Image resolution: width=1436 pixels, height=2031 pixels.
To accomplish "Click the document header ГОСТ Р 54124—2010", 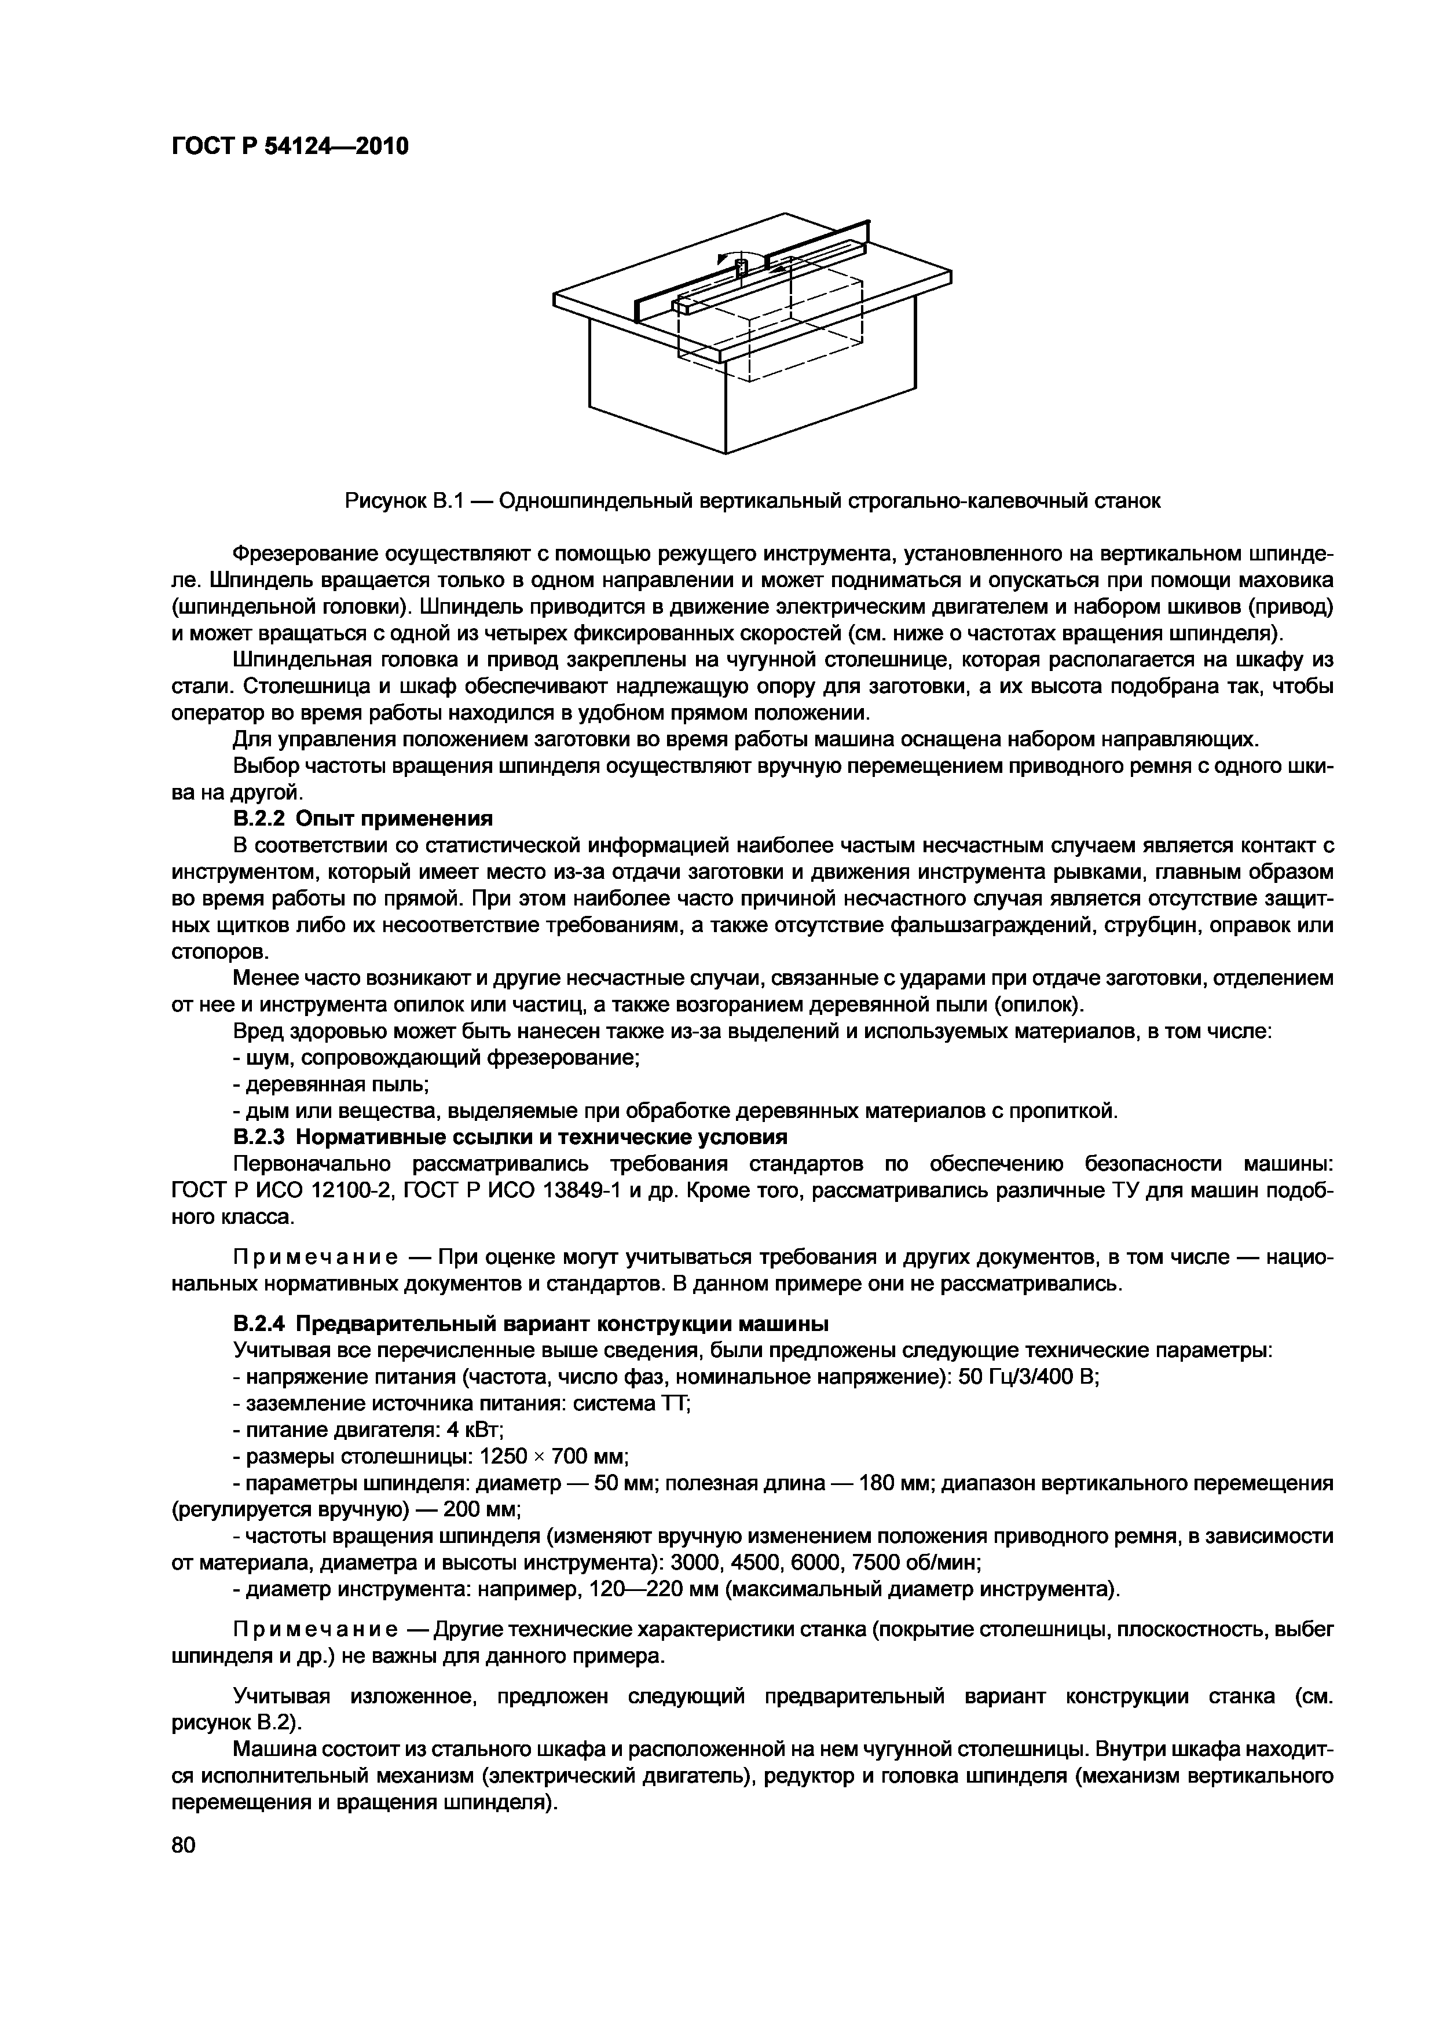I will point(290,146).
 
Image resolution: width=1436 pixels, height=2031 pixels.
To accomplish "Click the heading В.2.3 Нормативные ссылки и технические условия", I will point(510,1136).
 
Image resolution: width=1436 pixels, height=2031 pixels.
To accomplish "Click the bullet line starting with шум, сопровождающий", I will point(435,1058).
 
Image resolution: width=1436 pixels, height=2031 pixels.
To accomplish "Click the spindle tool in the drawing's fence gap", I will point(741,271).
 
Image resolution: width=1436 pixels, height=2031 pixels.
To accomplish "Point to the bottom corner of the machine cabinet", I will point(724,453).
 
